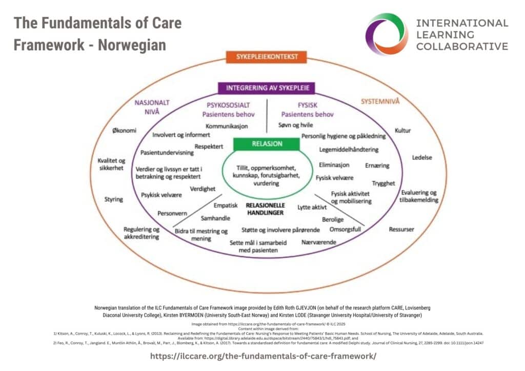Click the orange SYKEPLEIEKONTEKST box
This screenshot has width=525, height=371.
(x=262, y=57)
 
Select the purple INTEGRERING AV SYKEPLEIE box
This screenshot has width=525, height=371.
(x=267, y=88)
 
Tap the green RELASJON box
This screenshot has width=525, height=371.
(x=266, y=144)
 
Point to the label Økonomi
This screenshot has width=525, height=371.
(x=125, y=130)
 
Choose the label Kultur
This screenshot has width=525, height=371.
(x=403, y=130)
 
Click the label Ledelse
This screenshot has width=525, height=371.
(x=423, y=157)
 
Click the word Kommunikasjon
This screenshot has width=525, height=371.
(x=227, y=126)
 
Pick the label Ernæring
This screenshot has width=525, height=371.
(x=377, y=166)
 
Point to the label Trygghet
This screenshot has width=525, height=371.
(x=383, y=183)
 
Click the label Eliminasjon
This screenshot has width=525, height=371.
(x=334, y=165)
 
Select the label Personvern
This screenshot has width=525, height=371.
(x=172, y=213)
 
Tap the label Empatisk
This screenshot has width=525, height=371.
(x=226, y=205)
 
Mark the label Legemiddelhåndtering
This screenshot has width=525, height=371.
(x=349, y=150)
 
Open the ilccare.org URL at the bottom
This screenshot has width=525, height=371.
(x=262, y=356)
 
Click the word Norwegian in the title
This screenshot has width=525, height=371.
(x=132, y=45)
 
